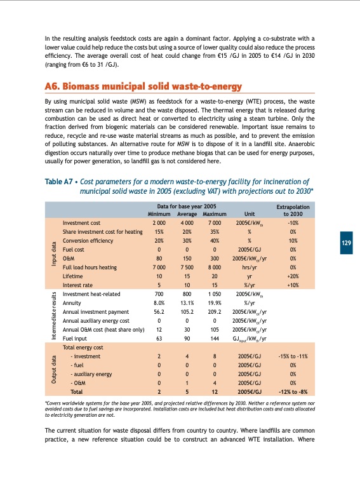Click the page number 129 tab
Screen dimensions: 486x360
tap(346, 243)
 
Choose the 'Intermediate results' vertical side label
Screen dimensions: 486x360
tap(53, 311)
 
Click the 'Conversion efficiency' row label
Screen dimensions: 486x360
tap(88, 241)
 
